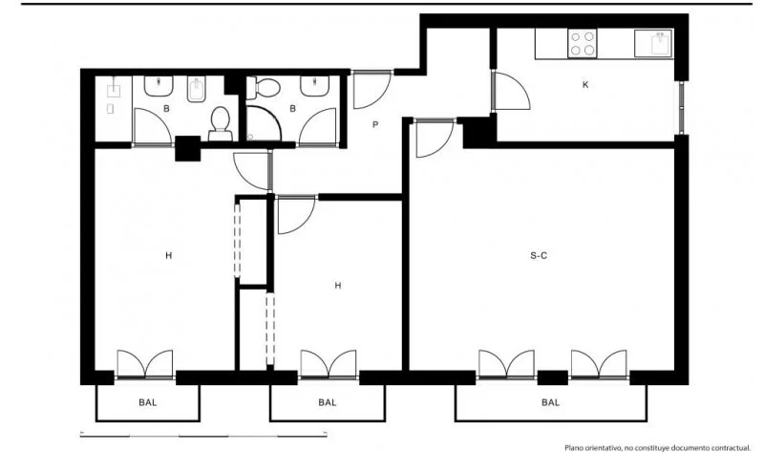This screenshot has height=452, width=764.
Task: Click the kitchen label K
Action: click(585, 84)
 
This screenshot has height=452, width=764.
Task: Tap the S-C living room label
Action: click(539, 255)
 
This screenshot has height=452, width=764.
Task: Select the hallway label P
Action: click(375, 125)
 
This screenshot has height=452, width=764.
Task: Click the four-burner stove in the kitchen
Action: click(583, 43)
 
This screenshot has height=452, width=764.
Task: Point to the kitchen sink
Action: click(654, 43)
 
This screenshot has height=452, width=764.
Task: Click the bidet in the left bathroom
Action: click(197, 89)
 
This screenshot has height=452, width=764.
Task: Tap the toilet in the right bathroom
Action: click(264, 88)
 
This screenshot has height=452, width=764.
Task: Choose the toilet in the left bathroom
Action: click(221, 123)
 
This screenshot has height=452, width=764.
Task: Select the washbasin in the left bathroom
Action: click(159, 86)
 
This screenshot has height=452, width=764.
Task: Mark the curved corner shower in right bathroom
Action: click(264, 124)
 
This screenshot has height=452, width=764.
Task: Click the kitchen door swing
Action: click(511, 91)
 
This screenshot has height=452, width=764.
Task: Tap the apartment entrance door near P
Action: click(372, 90)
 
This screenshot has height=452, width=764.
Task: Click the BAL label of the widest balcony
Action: click(551, 402)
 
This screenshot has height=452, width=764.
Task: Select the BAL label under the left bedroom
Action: click(148, 402)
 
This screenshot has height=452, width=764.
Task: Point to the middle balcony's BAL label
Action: click(328, 402)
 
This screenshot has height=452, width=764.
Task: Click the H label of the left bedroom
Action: click(169, 255)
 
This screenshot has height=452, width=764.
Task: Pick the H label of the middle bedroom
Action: click(338, 286)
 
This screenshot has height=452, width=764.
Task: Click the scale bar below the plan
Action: click(203, 435)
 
